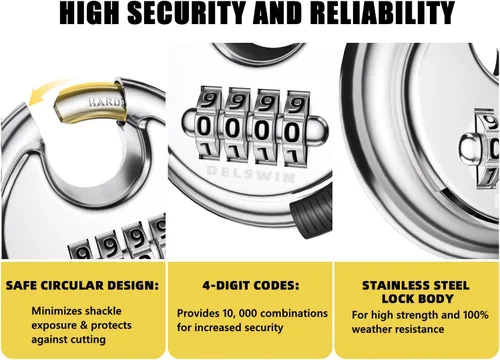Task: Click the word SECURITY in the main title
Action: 188,13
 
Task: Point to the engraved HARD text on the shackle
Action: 105,102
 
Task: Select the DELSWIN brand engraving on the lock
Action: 251,174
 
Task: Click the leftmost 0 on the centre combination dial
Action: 205,127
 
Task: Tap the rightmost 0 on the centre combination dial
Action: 292,131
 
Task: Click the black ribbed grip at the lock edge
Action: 312,213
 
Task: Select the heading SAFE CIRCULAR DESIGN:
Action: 82,286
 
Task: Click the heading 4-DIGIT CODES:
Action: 251,286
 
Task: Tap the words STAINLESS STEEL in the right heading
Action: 416,286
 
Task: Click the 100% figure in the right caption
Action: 476,315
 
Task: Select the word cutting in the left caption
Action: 88,340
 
